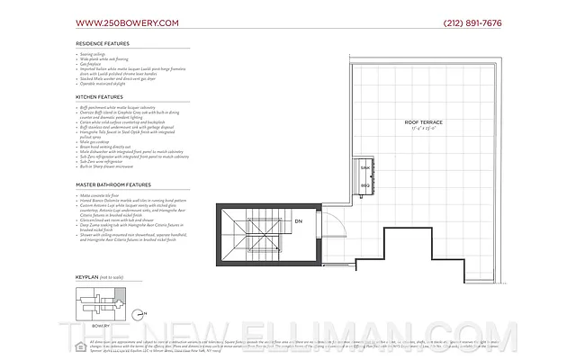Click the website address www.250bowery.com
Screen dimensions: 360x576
click(x=127, y=22)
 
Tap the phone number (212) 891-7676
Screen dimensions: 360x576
click(x=472, y=22)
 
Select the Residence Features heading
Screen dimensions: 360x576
click(x=102, y=43)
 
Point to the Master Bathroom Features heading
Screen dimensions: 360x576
click(x=112, y=184)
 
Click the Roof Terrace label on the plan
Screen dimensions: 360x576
click(x=422, y=121)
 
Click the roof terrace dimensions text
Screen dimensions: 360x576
click(x=422, y=128)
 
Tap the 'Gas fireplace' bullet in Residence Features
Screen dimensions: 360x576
click(x=91, y=65)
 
